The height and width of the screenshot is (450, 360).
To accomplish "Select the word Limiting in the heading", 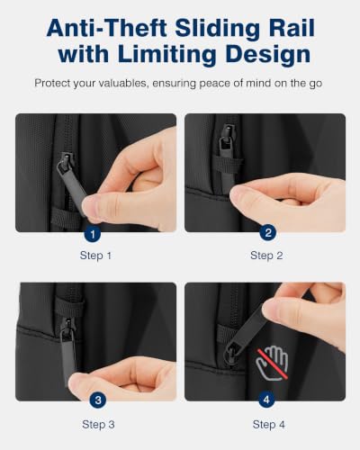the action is click(166, 55).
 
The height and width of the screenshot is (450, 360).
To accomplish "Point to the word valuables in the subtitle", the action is click(119, 83).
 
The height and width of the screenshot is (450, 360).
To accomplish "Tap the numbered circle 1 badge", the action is click(93, 233).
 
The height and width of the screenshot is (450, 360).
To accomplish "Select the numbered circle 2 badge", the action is click(268, 232).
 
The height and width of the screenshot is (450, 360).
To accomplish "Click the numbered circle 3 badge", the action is click(98, 400).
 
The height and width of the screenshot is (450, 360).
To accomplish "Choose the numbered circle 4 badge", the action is click(266, 400).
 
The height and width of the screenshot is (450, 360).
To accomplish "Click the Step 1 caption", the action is click(95, 256).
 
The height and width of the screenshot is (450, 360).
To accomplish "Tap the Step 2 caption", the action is click(266, 256).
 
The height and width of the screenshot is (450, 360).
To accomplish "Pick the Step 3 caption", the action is click(98, 425).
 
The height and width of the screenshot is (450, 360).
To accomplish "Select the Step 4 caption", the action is click(268, 425).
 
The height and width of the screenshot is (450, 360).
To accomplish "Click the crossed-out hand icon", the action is click(273, 364).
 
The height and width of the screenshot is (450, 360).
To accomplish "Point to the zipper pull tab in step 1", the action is click(72, 187).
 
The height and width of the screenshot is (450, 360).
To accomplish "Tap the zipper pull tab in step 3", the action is click(67, 357).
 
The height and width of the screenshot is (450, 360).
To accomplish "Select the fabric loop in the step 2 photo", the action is click(228, 164).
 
